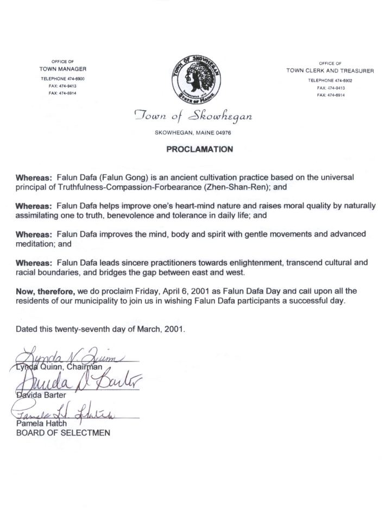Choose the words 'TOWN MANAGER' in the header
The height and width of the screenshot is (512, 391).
coord(62,69)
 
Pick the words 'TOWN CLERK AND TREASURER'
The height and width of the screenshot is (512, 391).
coord(330,71)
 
